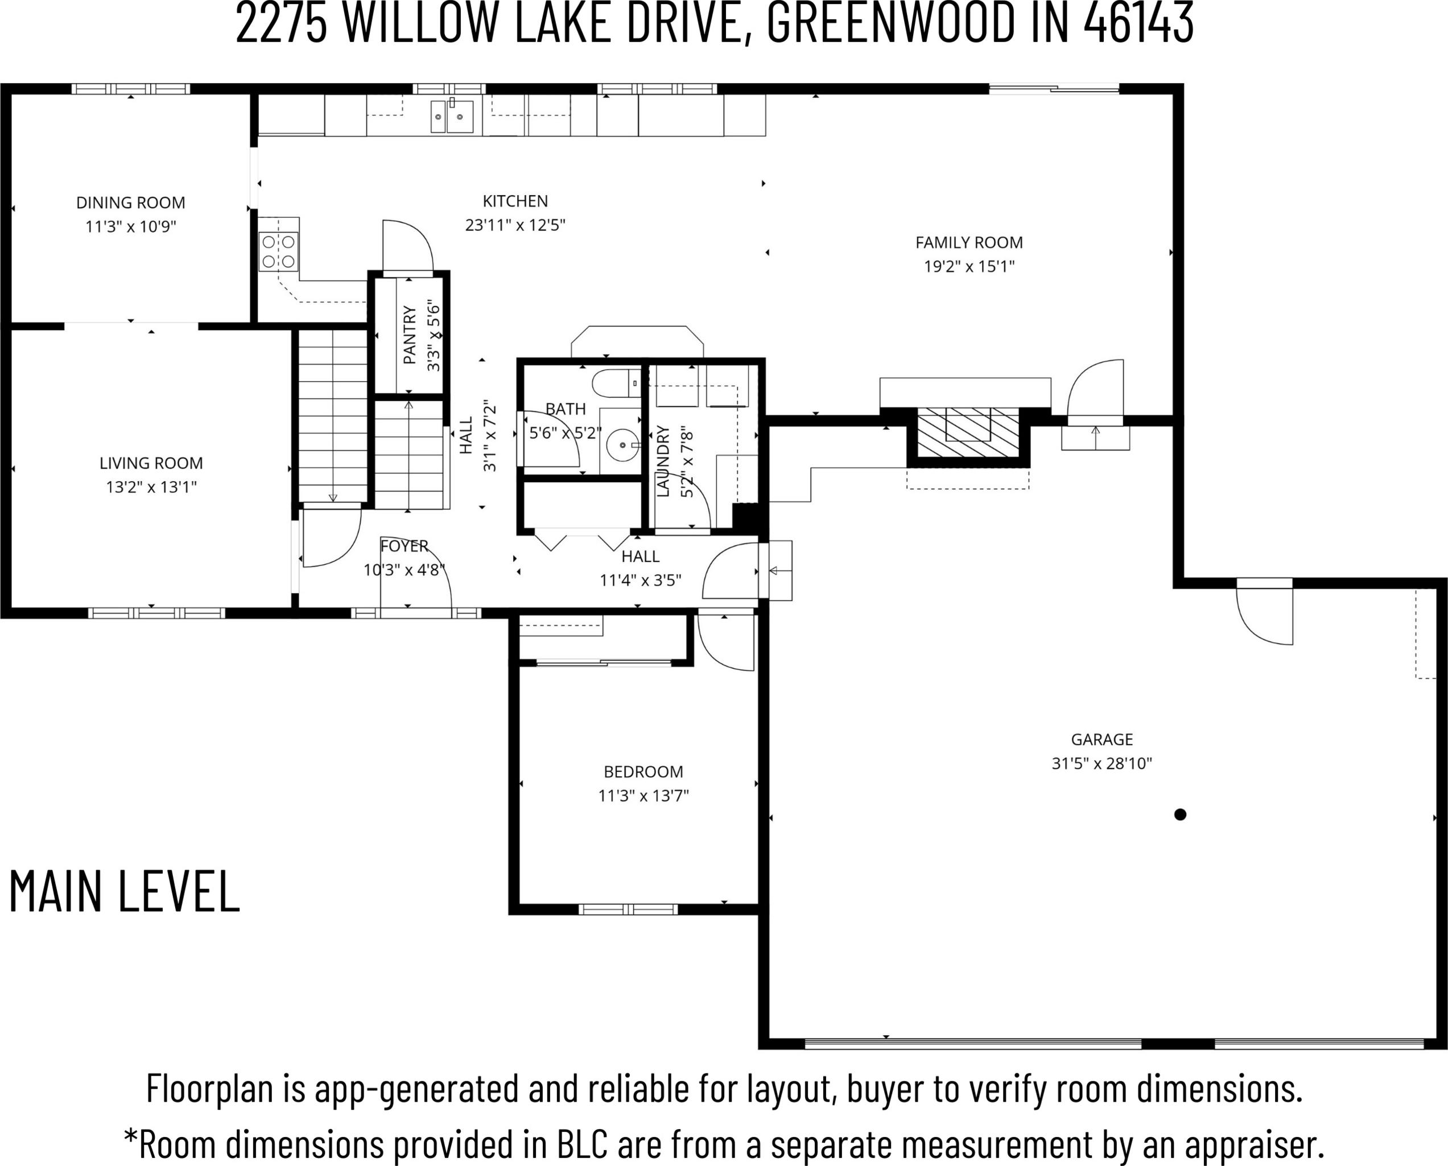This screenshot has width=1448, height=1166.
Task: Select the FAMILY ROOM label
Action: [x=969, y=242]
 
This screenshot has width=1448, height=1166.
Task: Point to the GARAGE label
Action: [x=1102, y=739]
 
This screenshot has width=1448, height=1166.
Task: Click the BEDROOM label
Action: [x=643, y=772]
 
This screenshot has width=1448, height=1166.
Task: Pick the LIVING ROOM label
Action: [x=151, y=463]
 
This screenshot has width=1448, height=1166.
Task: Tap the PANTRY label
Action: [x=409, y=334]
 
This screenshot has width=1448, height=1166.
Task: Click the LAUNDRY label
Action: [x=662, y=461]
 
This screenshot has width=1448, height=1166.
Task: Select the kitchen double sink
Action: [x=452, y=116]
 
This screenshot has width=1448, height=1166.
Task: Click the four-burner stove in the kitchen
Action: [x=279, y=251]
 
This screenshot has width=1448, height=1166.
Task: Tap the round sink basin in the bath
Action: [x=622, y=444]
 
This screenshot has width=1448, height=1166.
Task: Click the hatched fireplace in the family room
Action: [x=968, y=433]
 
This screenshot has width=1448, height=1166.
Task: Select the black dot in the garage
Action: [x=1180, y=814]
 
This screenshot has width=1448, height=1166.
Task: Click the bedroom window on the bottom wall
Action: [x=628, y=909]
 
